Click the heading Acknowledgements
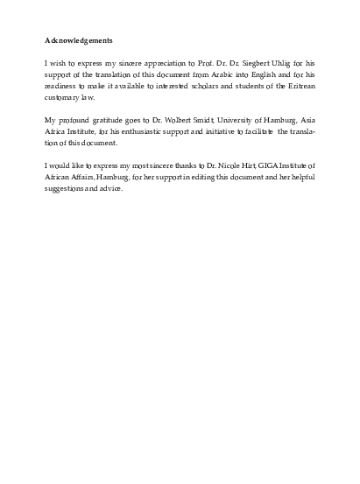pos(78,40)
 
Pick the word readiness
pos(63,88)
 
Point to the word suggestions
pos(67,188)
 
